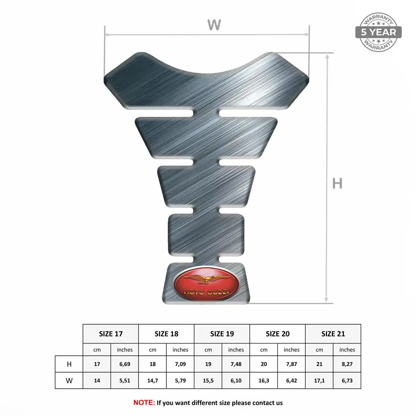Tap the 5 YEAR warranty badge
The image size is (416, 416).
[x=378, y=32]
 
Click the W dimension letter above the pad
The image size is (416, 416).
[x=214, y=25]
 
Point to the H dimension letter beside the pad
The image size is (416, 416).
[x=337, y=183]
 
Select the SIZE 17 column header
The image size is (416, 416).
[x=111, y=334]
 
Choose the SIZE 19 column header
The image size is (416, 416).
[x=222, y=334]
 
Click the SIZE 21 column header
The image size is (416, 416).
[x=333, y=334]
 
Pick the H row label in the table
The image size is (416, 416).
[x=69, y=364]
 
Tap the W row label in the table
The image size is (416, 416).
[x=69, y=381]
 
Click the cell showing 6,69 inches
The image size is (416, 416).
[x=125, y=364]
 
